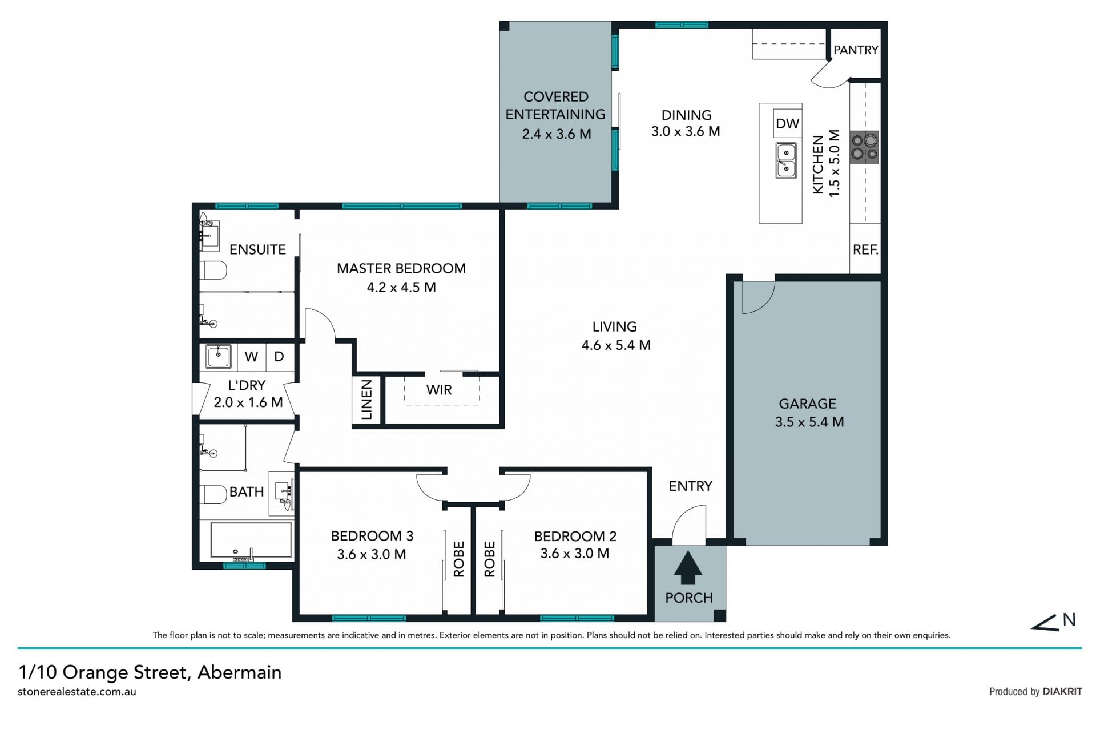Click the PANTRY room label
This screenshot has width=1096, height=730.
[x=855, y=50]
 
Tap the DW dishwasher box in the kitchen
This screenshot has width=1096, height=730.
[x=788, y=123]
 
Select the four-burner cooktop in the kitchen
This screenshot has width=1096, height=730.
[x=864, y=147]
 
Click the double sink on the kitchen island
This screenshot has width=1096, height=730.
[x=786, y=160]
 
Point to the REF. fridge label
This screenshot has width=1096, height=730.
[x=865, y=249]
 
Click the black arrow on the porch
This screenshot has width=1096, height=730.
[x=688, y=567]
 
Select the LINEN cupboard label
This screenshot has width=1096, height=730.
[x=366, y=400]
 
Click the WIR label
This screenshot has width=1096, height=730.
[x=439, y=390]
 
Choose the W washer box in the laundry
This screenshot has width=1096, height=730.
[x=251, y=357]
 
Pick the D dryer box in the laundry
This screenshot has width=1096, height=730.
[x=280, y=357]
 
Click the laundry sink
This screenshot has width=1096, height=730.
[x=218, y=357]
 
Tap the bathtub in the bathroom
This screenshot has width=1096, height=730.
[x=251, y=539]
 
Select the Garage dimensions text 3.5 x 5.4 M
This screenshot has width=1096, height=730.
[x=809, y=422]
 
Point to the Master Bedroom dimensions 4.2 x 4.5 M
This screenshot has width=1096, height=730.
[x=401, y=287]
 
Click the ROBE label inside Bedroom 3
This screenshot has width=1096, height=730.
[x=459, y=559]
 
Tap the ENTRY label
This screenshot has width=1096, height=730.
[x=691, y=486]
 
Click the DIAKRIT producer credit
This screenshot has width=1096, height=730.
[x=1062, y=692]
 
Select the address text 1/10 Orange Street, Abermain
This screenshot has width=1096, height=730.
[x=150, y=672]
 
